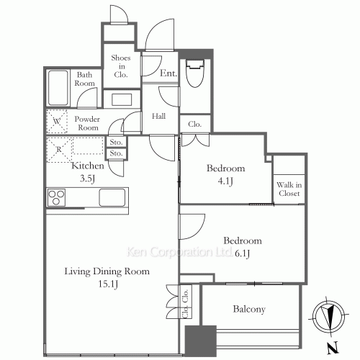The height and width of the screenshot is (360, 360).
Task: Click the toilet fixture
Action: (195, 73)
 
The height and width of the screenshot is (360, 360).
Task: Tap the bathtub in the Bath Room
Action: (58, 88)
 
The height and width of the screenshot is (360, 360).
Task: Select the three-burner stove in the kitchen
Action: (56, 197)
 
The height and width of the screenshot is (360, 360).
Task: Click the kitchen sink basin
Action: (112, 197)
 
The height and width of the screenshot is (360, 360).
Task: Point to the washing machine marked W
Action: (57, 122)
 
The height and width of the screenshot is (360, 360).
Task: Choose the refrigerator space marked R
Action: (59, 150)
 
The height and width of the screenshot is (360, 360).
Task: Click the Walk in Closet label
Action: (289, 189)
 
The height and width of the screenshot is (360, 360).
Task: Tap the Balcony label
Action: (249, 309)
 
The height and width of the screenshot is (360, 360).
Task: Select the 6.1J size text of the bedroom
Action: (243, 253)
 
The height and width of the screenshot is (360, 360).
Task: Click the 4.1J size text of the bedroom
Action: (225, 181)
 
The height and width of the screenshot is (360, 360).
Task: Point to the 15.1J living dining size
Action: (108, 284)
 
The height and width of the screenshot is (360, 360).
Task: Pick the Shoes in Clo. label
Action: (121, 66)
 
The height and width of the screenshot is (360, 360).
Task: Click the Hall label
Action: (158, 116)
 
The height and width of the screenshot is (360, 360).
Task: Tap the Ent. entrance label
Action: (168, 73)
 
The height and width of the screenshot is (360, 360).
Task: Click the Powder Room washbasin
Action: (122, 99)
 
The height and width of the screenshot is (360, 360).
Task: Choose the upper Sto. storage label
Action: (116, 143)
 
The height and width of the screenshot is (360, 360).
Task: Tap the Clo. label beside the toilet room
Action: (194, 124)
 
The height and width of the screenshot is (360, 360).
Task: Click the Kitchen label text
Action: (88, 166)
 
